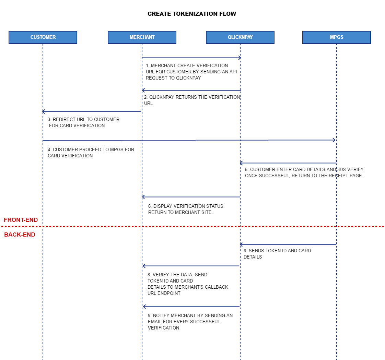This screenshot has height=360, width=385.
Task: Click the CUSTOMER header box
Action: coord(43,37)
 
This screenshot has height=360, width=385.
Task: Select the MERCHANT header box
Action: coord(142,37)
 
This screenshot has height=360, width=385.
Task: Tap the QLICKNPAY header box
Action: coord(240,37)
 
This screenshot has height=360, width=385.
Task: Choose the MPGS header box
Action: coord(337,37)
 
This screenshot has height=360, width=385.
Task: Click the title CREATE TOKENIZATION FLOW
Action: coord(192,14)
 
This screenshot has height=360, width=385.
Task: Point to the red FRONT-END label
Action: coord(21,220)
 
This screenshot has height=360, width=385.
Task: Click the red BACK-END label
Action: coord(20,235)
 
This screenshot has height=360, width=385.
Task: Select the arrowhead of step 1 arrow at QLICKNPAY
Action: coord(240,58)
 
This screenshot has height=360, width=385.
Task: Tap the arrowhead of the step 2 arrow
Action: coord(143,90)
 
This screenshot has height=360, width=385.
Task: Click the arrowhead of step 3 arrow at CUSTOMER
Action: coord(44,112)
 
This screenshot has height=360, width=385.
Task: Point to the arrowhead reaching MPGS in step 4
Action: coord(334,140)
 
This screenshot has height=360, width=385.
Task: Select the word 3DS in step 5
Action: coord(341,170)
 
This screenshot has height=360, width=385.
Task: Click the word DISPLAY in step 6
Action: coord(162,206)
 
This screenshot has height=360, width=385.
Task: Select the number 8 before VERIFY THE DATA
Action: coord(149,275)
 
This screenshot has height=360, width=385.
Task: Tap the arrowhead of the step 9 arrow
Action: coord(144,307)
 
